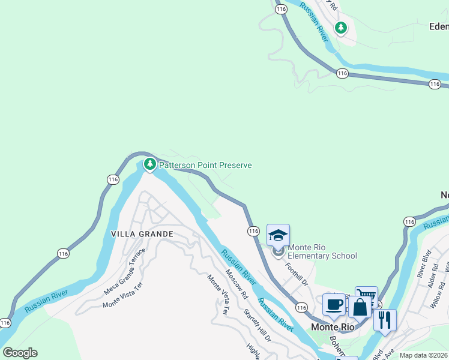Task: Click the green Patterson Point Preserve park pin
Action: coord(149,164)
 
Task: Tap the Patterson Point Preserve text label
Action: coord(205,165)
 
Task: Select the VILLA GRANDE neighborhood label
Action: coord(142,234)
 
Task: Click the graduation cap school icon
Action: coord(278,235)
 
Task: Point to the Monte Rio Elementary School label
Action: coord(322,251)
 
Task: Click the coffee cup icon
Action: coord(334,304)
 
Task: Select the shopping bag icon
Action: coord(360,307)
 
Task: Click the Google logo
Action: coord(20,353)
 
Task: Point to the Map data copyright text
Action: coord(423,355)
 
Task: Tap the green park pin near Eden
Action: coord(341,28)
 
